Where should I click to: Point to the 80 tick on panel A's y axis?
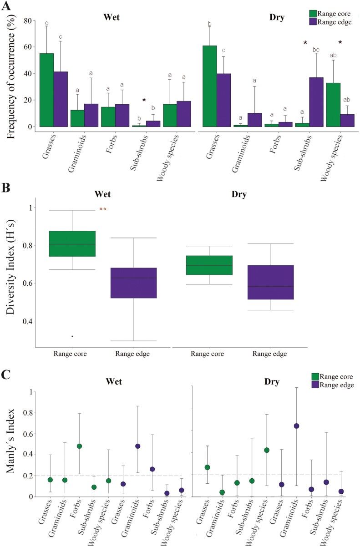(x=29, y=20)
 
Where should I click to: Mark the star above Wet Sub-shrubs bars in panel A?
(x=144, y=100)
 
